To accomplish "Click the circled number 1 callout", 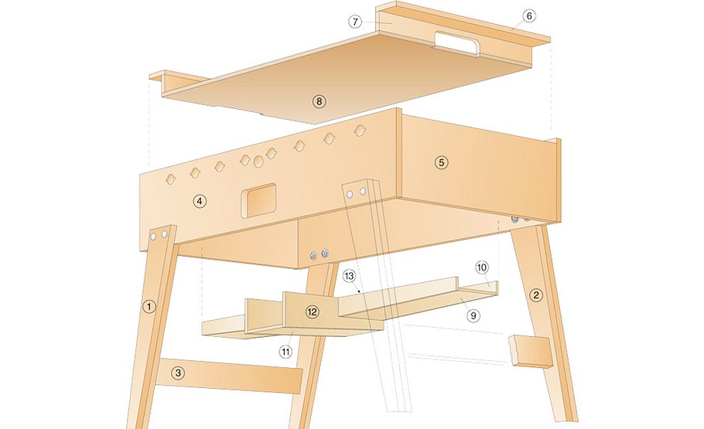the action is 149,307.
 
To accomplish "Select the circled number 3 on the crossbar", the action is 178,373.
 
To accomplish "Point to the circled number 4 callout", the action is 200,201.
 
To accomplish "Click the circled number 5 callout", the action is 441,162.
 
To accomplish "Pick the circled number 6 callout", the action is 529,16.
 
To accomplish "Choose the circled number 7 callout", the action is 355,22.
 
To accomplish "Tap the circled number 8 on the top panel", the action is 319,101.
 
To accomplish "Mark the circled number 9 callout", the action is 473,315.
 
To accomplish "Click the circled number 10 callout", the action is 481,268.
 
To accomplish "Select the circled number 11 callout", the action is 285,352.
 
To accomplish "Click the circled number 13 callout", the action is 350,276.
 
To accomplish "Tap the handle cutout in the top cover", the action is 455,43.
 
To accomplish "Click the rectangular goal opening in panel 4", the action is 258,200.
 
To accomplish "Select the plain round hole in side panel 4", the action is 258,162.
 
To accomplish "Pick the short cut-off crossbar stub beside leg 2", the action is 529,352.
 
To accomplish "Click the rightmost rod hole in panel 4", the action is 360,131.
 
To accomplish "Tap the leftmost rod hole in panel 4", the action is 171,179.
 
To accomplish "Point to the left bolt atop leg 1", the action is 153,236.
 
